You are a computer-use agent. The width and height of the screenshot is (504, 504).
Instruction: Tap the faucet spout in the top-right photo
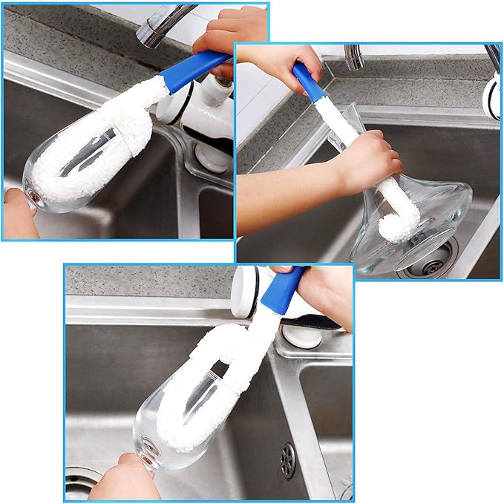354,57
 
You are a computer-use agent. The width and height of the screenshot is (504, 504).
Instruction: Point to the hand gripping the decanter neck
367,160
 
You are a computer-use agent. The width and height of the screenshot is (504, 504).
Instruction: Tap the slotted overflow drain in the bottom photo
287,460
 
